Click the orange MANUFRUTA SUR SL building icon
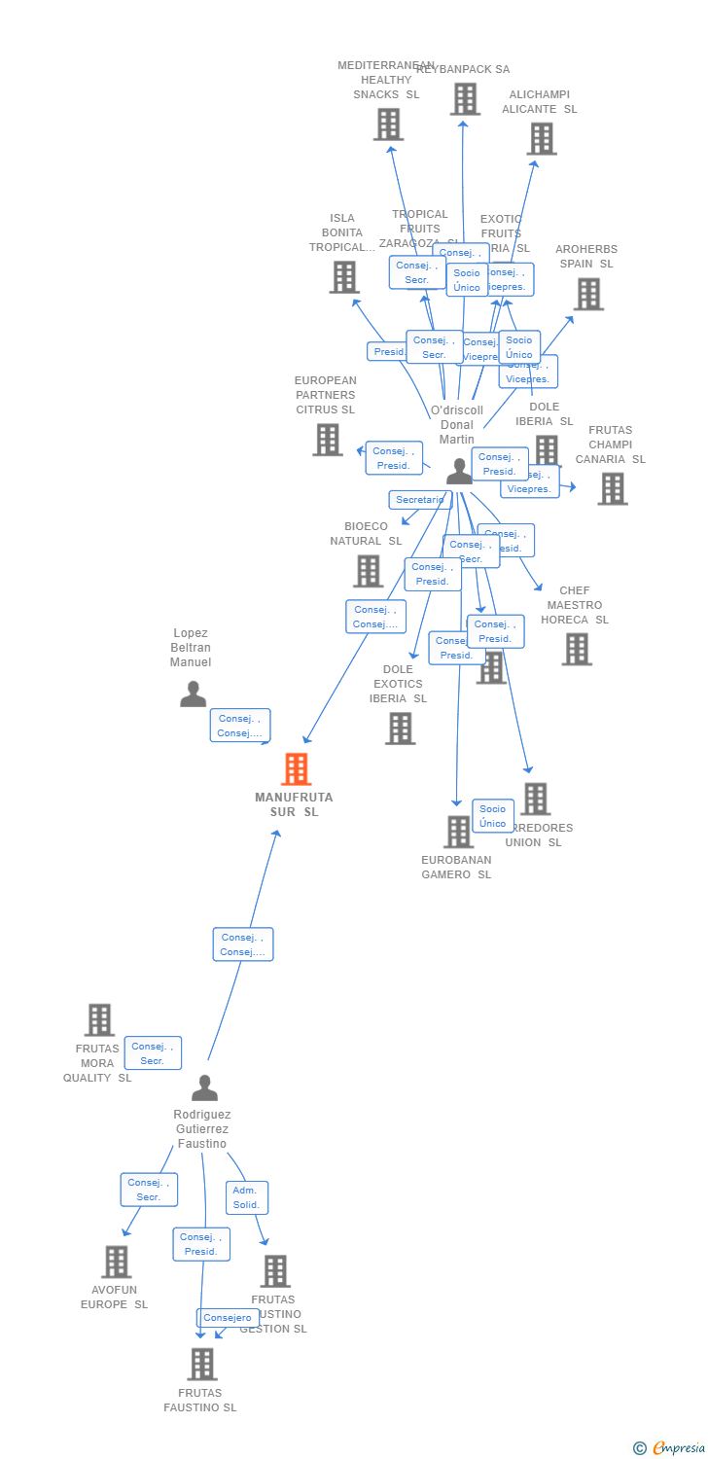[x=296, y=769]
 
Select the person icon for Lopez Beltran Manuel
[x=193, y=694]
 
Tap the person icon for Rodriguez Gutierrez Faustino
[x=204, y=1087]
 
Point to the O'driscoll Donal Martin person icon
[x=459, y=472]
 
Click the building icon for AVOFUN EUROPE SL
[x=116, y=1262]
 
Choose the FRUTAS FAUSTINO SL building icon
[x=201, y=1364]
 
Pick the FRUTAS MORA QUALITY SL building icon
[x=99, y=1020]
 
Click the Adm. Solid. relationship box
[x=247, y=1197]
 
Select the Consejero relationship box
[x=229, y=1318]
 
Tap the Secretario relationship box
[x=420, y=500]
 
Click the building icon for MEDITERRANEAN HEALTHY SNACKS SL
[x=388, y=125]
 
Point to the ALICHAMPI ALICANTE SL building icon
[x=541, y=139]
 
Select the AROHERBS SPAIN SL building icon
[x=587, y=294]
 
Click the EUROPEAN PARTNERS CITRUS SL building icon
[x=327, y=440]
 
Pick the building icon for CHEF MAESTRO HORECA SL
[x=576, y=649]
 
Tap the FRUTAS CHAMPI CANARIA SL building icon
[x=612, y=488]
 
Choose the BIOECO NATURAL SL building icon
[x=368, y=571]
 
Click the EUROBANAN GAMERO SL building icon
[x=458, y=832]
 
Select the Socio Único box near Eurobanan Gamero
[x=493, y=816]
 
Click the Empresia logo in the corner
[x=670, y=1448]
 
